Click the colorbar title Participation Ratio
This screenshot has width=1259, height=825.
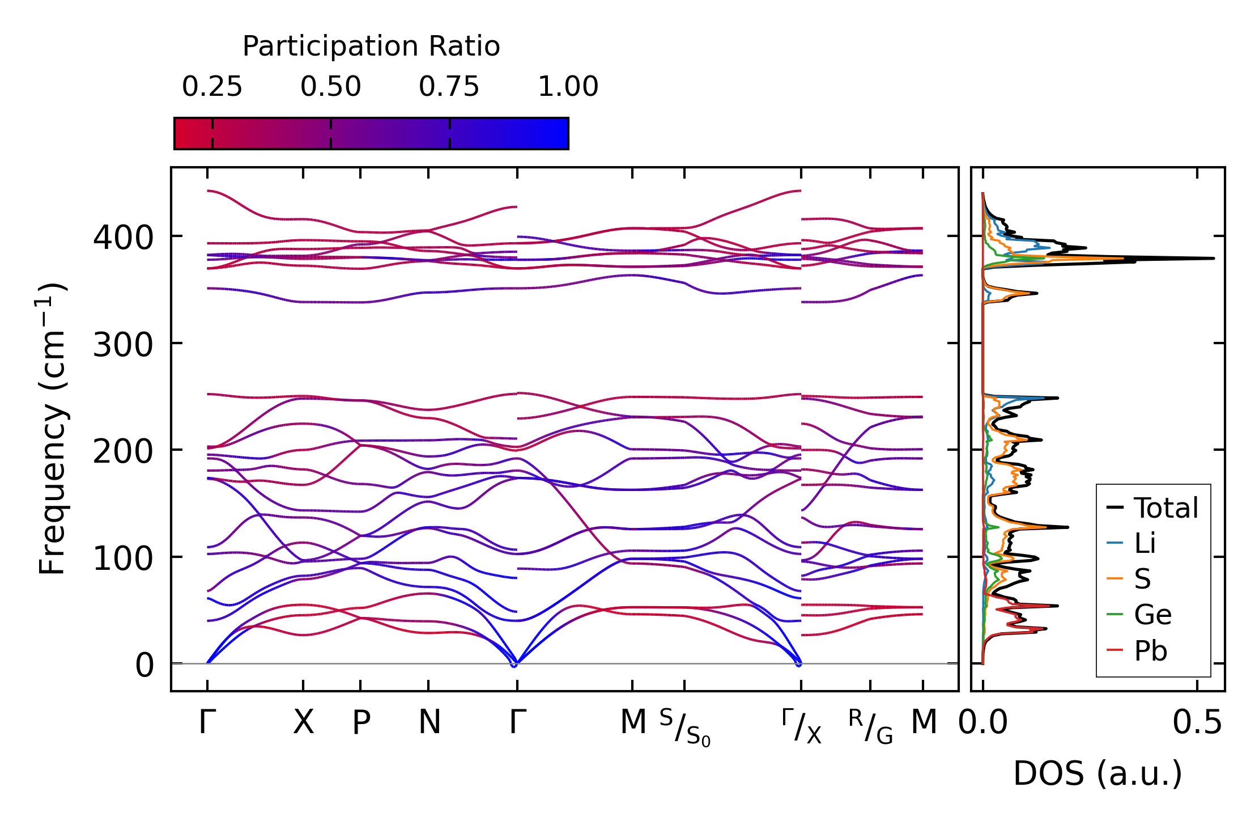371,46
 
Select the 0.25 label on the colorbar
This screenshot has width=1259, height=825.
212,87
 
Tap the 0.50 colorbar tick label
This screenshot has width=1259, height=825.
330,87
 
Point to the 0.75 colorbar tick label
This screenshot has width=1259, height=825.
449,87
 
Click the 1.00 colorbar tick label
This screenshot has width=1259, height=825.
568,87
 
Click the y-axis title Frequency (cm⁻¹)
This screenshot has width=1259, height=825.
52,429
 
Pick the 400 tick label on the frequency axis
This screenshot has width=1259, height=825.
123,238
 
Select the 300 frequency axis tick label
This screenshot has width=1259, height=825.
123,344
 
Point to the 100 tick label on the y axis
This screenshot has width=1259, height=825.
123,559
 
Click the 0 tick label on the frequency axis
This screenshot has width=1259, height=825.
144,665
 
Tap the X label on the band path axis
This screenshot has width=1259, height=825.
303,722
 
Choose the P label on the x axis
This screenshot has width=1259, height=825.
361,722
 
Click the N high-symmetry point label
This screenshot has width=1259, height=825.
429,722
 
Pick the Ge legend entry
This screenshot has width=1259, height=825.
1152,615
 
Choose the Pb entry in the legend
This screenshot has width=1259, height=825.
1150,651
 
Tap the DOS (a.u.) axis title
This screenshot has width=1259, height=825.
1098,773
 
